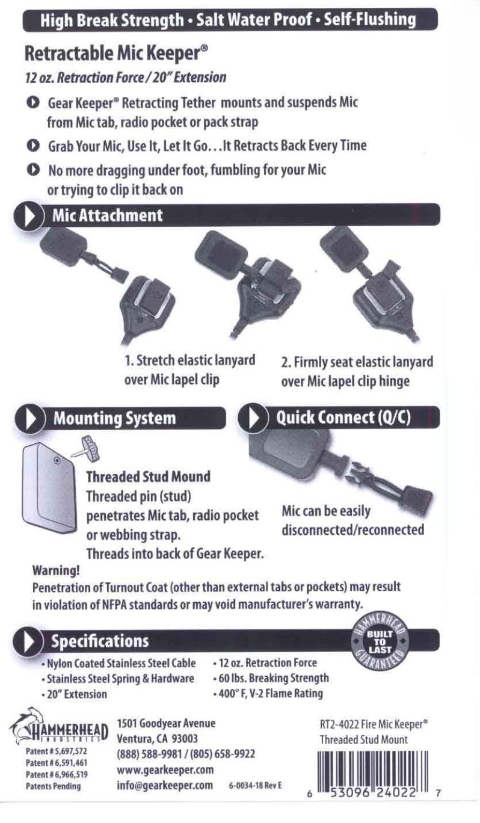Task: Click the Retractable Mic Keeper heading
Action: (x=116, y=54)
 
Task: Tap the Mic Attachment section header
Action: (x=107, y=215)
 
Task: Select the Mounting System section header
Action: (x=114, y=418)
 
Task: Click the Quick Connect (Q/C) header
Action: (x=343, y=418)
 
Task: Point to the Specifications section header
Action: (x=99, y=641)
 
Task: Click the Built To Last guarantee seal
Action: (x=380, y=641)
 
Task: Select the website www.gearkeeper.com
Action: (x=165, y=769)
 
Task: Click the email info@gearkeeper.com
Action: (x=165, y=785)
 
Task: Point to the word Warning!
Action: (x=56, y=570)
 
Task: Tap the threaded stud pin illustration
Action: (x=86, y=449)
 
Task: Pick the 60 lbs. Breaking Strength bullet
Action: (x=271, y=678)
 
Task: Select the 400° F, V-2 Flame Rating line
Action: (x=268, y=694)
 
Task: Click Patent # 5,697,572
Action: (x=56, y=751)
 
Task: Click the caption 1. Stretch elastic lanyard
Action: (x=190, y=360)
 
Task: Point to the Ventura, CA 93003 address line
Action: (x=157, y=739)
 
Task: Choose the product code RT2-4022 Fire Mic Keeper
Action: (x=374, y=724)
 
